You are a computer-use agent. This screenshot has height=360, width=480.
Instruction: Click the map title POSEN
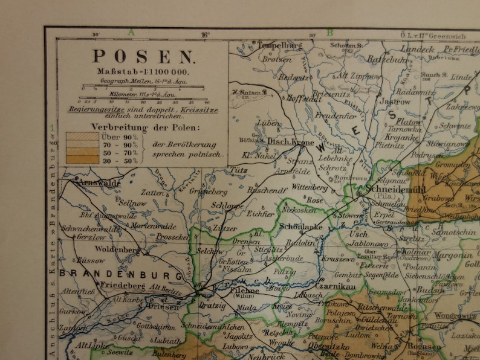(143, 57)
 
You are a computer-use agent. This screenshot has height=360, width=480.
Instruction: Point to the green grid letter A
(131, 33)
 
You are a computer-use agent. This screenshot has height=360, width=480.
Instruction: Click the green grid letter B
(330, 33)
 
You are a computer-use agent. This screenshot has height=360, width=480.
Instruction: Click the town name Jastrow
(394, 102)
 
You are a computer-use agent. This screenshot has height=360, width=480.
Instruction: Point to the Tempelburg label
(280, 45)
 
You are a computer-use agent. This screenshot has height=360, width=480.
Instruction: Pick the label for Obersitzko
(330, 347)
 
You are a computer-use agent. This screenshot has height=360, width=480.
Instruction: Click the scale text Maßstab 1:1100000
(143, 72)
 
